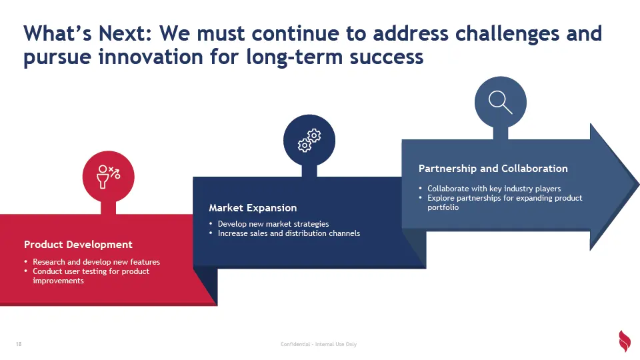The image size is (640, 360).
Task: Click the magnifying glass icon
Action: tap(500, 102)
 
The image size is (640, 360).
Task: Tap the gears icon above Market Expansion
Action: tap(309, 141)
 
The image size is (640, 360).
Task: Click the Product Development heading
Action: tap(78, 245)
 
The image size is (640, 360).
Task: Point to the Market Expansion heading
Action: tap(253, 208)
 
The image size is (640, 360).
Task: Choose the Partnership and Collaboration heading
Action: tap(493, 169)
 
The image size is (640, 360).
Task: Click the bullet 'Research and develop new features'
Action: tap(96, 261)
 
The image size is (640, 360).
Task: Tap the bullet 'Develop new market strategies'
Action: tap(273, 224)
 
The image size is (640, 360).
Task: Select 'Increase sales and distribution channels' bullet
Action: tap(289, 233)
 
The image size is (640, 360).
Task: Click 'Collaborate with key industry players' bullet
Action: tap(494, 189)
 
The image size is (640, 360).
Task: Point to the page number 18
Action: tap(19, 344)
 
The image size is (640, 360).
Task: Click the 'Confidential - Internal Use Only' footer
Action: tap(319, 344)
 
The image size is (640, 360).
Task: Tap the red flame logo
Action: tap(625, 341)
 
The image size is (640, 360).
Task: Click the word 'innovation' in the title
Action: tap(151, 56)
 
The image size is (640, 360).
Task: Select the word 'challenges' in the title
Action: tap(507, 34)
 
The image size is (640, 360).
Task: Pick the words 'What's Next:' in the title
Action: tap(87, 33)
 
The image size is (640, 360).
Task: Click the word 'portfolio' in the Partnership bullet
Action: tap(443, 207)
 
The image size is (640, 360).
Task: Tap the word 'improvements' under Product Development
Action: tap(58, 281)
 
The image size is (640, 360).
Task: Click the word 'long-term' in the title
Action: tap(294, 57)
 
